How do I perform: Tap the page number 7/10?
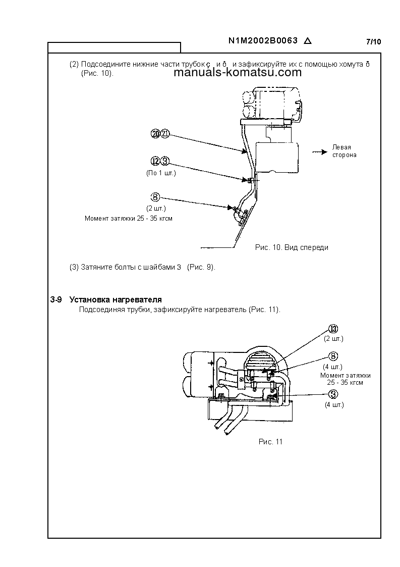point(374,42)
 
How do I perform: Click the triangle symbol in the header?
point(308,42)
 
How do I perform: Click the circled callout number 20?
point(155,134)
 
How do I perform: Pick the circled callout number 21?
point(165,134)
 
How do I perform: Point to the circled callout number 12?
point(155,161)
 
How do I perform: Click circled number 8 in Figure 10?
point(156,197)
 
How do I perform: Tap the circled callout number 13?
point(333,329)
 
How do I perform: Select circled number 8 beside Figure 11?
point(333,356)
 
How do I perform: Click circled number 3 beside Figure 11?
point(333,394)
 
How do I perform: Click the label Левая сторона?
point(344,151)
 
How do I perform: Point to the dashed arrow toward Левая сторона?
point(318,151)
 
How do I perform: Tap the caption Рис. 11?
point(270,441)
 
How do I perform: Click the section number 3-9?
point(55,300)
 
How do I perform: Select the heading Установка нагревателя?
point(116,300)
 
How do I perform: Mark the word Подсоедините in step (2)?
point(106,64)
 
